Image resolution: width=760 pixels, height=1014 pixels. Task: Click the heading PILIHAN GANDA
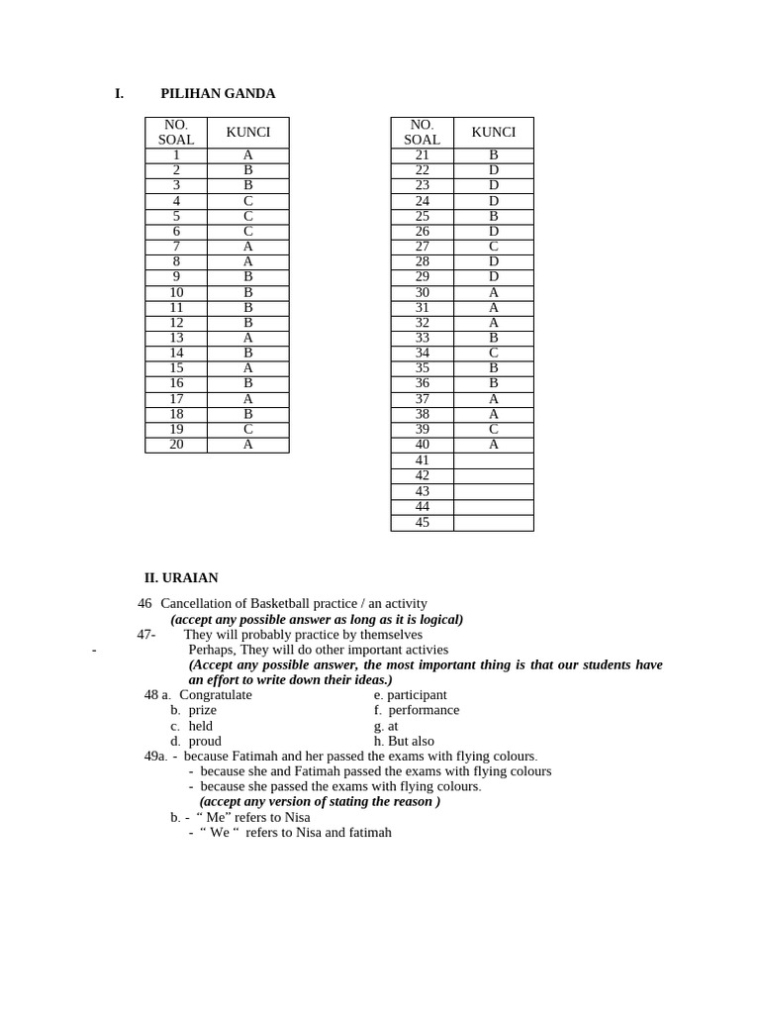(x=218, y=94)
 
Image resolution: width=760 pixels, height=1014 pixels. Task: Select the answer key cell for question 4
(x=248, y=201)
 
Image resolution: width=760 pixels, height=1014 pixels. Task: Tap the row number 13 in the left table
(x=176, y=338)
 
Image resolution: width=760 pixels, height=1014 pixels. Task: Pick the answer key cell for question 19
(x=248, y=430)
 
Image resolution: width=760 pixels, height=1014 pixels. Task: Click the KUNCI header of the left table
(x=248, y=133)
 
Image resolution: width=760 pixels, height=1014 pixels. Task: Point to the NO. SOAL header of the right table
(x=423, y=133)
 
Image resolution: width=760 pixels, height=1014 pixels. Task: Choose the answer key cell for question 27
(x=494, y=247)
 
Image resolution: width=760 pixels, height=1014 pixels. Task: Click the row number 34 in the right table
(x=423, y=354)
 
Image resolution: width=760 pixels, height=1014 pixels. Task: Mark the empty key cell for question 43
(x=494, y=491)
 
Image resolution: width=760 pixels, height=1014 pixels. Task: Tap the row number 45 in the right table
(x=423, y=523)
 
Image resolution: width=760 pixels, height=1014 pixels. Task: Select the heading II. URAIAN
(x=181, y=578)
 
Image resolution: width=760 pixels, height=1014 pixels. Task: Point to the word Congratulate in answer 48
(x=216, y=695)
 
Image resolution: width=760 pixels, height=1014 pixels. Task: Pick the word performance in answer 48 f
(x=424, y=710)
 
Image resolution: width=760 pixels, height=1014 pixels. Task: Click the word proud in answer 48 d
(x=205, y=741)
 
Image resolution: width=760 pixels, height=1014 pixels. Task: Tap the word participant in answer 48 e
(x=417, y=695)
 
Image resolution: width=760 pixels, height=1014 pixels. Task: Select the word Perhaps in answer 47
(x=212, y=650)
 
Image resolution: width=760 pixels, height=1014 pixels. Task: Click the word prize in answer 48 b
(x=202, y=710)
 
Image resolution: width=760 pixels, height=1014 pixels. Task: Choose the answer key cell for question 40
(x=494, y=445)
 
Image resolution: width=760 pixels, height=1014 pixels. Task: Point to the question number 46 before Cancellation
(x=145, y=603)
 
